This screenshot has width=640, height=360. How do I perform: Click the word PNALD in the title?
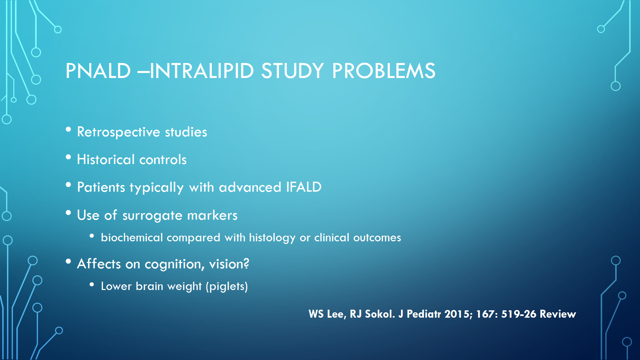[98, 71]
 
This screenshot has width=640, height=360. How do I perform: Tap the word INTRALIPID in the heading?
[202, 71]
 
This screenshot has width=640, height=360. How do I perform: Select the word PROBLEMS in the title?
[384, 71]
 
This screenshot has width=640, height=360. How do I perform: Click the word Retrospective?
[119, 132]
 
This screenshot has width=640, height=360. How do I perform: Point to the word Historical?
[106, 159]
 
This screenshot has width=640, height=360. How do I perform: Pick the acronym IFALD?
[304, 187]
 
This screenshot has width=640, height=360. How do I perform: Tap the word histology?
[272, 238]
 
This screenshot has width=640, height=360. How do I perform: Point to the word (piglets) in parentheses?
[227, 286]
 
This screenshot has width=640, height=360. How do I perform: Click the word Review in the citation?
[558, 314]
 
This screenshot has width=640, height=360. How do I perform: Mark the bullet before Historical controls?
[68, 157]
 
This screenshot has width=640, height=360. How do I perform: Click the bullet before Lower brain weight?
[92, 284]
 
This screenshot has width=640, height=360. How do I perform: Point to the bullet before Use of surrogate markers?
[68, 213]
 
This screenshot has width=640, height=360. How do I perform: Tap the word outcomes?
[377, 238]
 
